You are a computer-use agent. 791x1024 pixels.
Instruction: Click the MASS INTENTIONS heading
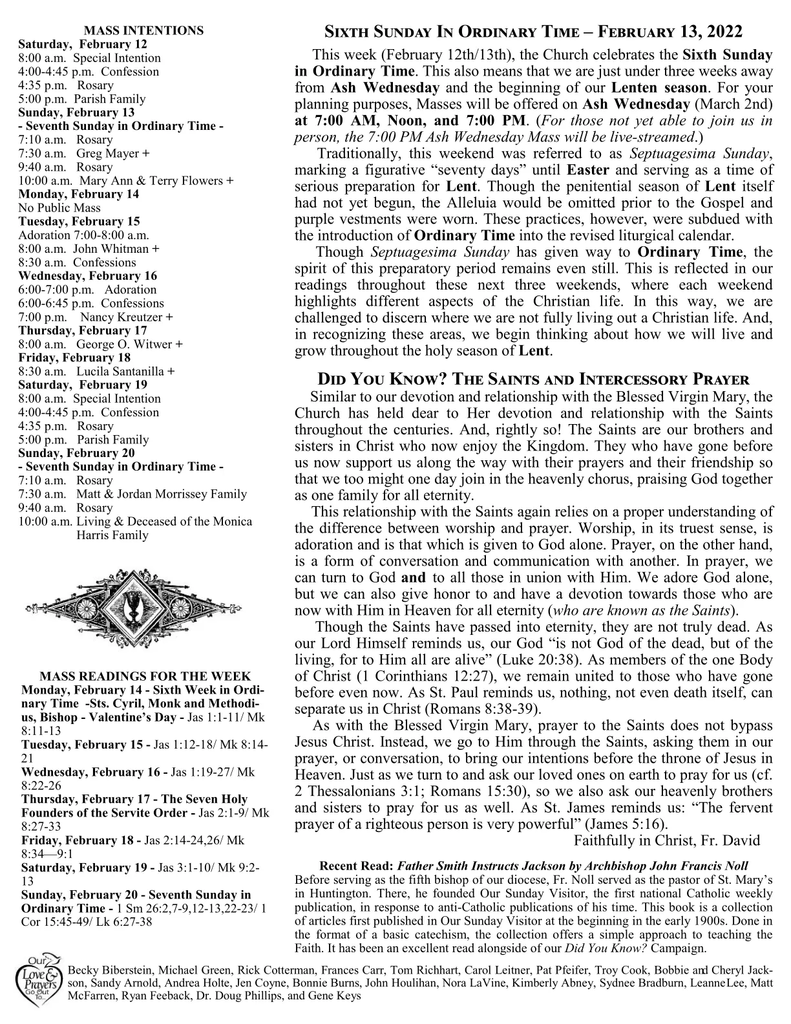pos(144,30)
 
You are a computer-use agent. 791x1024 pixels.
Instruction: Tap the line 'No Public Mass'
pos(59,208)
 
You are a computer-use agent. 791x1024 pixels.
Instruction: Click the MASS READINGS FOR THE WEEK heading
pos(145,676)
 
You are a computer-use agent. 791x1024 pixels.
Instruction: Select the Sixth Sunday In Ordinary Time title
pos(533,32)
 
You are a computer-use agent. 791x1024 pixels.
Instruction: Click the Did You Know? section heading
pos(533,379)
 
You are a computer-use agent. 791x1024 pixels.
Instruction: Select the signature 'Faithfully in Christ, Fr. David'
pos(666,840)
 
